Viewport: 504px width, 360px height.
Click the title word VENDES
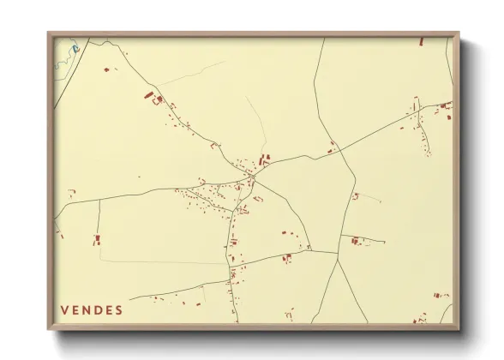click(92, 310)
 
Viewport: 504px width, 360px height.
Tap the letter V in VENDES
click(65, 310)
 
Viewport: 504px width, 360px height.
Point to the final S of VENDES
click(118, 310)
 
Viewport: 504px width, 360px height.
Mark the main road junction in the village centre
click(251, 179)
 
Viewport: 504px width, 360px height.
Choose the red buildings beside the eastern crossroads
click(332, 145)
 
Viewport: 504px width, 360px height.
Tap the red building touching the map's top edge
click(421, 41)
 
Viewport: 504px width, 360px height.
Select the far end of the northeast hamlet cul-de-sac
click(428, 154)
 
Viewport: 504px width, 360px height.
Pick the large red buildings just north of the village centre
click(264, 159)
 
